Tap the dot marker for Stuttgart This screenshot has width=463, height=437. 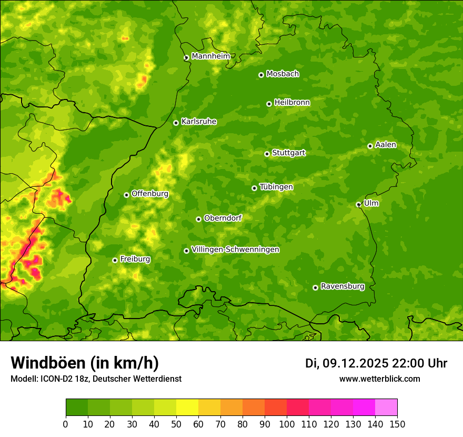267,154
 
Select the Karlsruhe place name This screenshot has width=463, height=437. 198,122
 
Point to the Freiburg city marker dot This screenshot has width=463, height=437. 115,260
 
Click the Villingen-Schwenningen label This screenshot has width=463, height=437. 235,250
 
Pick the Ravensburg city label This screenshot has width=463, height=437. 342,286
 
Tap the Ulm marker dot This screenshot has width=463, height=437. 358,204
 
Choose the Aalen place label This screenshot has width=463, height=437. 386,145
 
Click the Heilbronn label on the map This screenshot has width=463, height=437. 292,103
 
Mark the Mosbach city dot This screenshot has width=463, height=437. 261,75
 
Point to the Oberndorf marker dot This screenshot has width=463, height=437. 198,219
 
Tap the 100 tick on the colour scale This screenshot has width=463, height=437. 287,424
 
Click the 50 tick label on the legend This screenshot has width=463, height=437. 176,424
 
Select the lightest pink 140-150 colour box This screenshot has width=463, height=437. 386,407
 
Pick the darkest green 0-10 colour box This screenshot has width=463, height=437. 76,407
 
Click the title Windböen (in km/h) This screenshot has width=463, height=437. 84,363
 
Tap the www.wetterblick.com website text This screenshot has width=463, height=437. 379,379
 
